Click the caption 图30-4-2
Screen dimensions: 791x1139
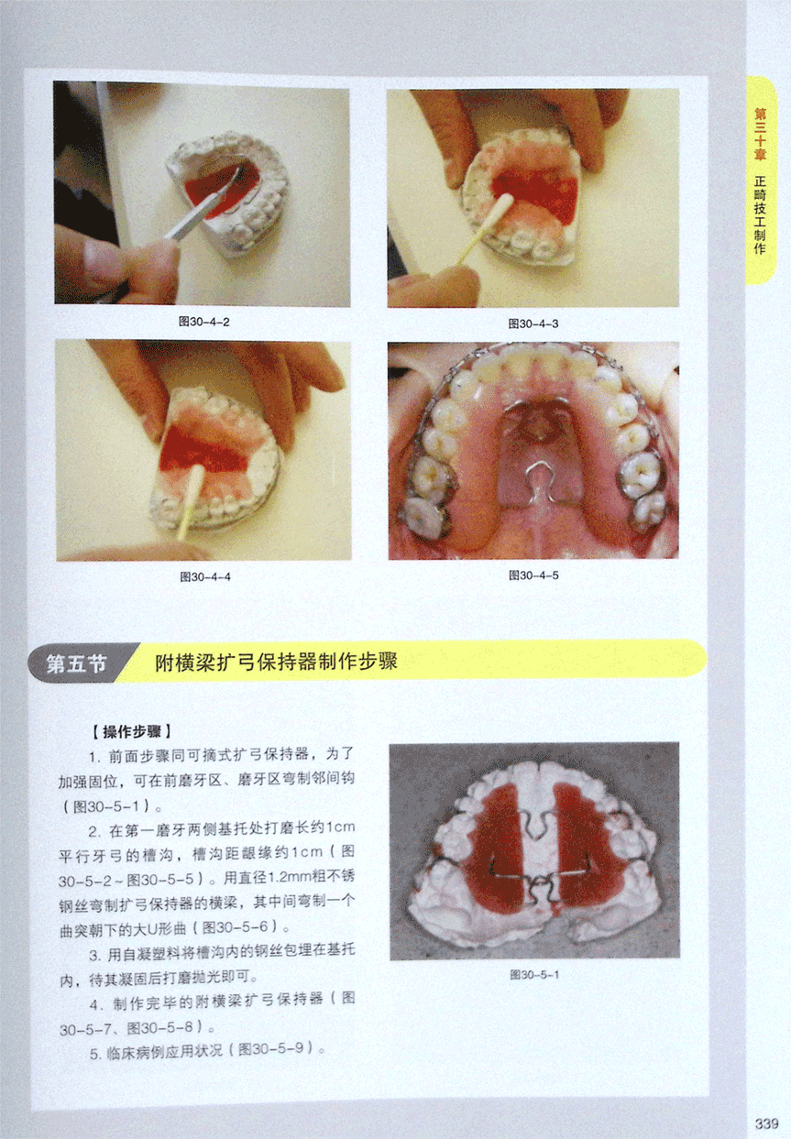pyautogui.click(x=204, y=322)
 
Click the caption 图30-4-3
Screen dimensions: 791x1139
pyautogui.click(x=533, y=323)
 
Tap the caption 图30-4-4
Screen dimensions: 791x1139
pyautogui.click(x=205, y=577)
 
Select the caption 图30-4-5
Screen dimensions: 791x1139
pyautogui.click(x=533, y=575)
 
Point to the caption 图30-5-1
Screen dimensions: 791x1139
pyautogui.click(x=534, y=975)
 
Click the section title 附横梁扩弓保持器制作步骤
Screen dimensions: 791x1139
pyautogui.click(x=276, y=662)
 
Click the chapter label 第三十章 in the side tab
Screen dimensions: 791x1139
pyautogui.click(x=760, y=134)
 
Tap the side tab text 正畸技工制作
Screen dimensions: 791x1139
pyautogui.click(x=760, y=214)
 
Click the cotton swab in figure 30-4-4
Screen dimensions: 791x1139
pyautogui.click(x=191, y=502)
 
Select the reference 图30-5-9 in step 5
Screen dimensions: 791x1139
pyautogui.click(x=271, y=1048)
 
